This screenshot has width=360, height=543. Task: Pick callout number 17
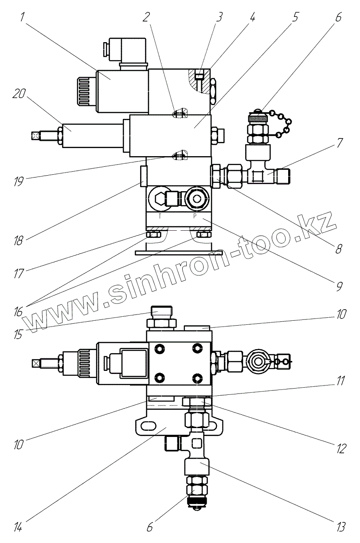[x=18, y=271]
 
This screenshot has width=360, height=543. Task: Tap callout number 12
[x=340, y=449]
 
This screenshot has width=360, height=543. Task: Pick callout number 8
[x=339, y=248]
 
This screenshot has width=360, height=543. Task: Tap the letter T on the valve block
[x=160, y=218]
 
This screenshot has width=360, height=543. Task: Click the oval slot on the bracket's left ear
[x=148, y=426]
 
